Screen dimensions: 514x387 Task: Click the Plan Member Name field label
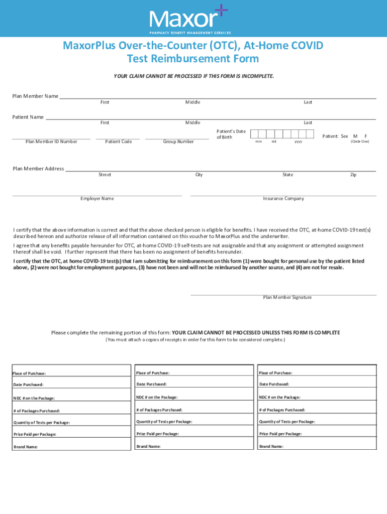click(35, 96)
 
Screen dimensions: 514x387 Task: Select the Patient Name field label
click(28, 117)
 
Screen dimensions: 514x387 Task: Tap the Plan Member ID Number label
click(51, 142)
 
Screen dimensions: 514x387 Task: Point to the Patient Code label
click(118, 142)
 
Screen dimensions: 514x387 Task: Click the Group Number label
click(178, 142)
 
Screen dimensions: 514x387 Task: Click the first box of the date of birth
click(254, 134)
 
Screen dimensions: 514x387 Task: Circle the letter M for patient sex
click(355, 136)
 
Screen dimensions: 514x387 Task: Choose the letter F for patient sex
click(366, 136)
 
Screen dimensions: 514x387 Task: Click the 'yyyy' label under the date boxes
click(298, 142)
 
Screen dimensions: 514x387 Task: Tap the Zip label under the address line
click(353, 175)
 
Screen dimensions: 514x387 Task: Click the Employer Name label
click(97, 198)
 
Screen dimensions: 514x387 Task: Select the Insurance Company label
click(283, 198)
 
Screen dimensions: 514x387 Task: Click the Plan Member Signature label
click(287, 297)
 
